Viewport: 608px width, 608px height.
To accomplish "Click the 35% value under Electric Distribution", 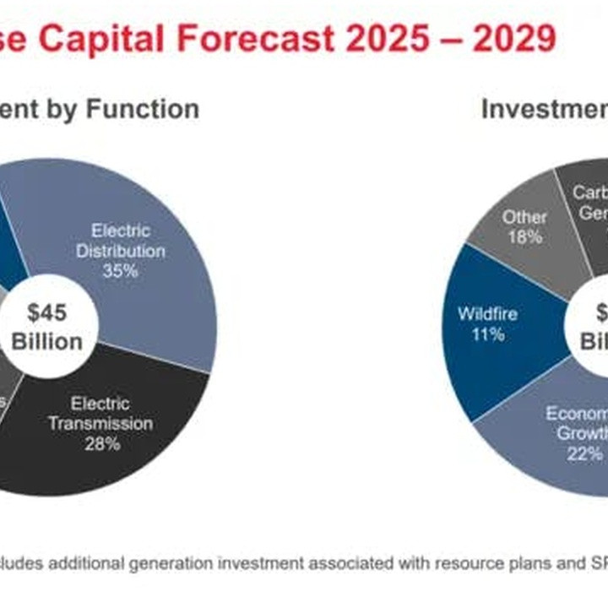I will pyautogui.click(x=120, y=271).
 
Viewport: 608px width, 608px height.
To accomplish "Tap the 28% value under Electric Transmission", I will pyautogui.click(x=101, y=442).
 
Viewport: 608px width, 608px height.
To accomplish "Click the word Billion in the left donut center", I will pyautogui.click(x=47, y=341).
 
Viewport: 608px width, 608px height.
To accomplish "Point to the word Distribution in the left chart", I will pyautogui.click(x=121, y=251).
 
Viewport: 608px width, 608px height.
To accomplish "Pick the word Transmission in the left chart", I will pyautogui.click(x=100, y=423).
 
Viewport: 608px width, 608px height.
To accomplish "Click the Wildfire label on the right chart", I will pyautogui.click(x=487, y=314).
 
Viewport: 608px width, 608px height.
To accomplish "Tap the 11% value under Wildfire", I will pyautogui.click(x=487, y=334).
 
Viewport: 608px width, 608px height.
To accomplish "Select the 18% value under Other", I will pyautogui.click(x=524, y=237).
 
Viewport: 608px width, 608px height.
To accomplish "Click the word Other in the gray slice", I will pyautogui.click(x=524, y=217).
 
